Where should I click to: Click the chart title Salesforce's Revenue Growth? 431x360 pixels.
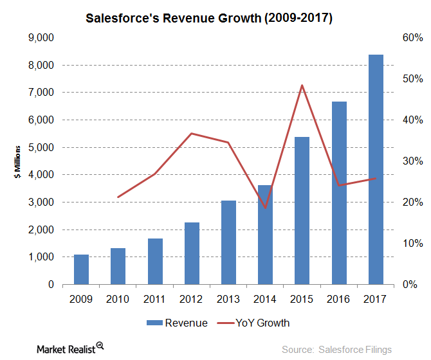pyautogui.click(x=209, y=19)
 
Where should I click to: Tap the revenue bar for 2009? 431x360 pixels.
pyautogui.click(x=81, y=269)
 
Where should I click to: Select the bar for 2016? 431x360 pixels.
pyautogui.click(x=339, y=193)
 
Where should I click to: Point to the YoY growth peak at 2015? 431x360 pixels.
pyautogui.click(x=302, y=85)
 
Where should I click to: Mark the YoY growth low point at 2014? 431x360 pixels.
pyautogui.click(x=265, y=208)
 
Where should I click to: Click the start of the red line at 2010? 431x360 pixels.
pyautogui.click(x=118, y=197)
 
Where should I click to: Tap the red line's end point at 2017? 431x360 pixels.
pyautogui.click(x=376, y=179)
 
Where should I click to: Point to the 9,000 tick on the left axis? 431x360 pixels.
pyautogui.click(x=41, y=38)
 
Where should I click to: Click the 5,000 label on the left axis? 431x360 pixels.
pyautogui.click(x=41, y=147)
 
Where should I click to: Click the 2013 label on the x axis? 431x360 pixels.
pyautogui.click(x=228, y=298)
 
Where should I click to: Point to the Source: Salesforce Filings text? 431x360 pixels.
pyautogui.click(x=336, y=349)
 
